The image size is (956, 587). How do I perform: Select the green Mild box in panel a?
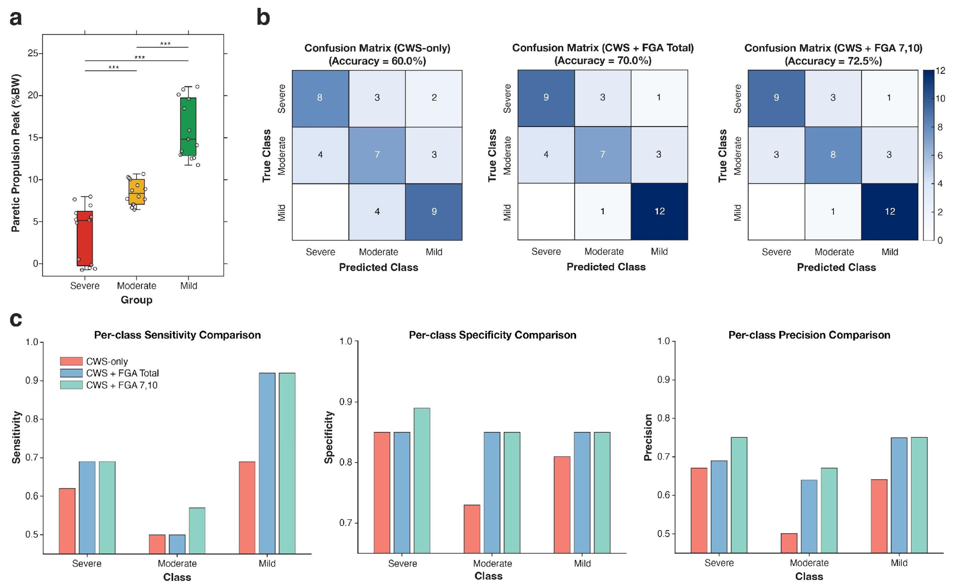pyautogui.click(x=188, y=126)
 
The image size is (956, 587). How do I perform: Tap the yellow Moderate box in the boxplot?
pyautogui.click(x=137, y=192)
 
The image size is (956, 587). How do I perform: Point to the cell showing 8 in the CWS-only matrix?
pyautogui.click(x=320, y=98)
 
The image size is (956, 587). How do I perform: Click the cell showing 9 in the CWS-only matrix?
pyautogui.click(x=434, y=212)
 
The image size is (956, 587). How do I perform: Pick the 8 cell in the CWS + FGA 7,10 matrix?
pyautogui.click(x=833, y=155)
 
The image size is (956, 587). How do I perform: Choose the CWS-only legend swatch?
pyautogui.click(x=71, y=361)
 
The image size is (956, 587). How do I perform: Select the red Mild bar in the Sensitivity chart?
pyautogui.click(x=247, y=507)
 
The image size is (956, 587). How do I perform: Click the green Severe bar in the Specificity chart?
pyautogui.click(x=422, y=480)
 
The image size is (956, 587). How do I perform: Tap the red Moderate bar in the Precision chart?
pyautogui.click(x=789, y=543)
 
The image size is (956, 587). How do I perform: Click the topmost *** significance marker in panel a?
pyautogui.click(x=165, y=44)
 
